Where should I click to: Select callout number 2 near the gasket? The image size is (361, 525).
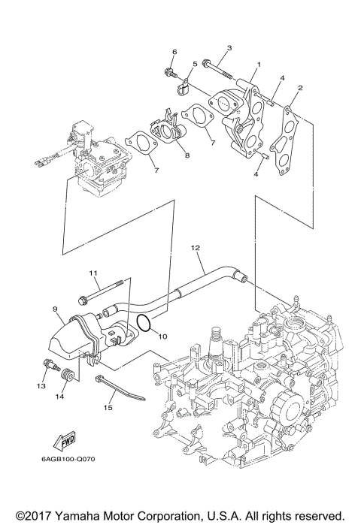coord(299,88)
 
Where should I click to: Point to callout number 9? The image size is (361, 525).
coord(55,308)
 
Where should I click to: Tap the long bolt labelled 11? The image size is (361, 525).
coord(106,288)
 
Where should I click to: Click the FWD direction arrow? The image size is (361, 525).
coord(44,442)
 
